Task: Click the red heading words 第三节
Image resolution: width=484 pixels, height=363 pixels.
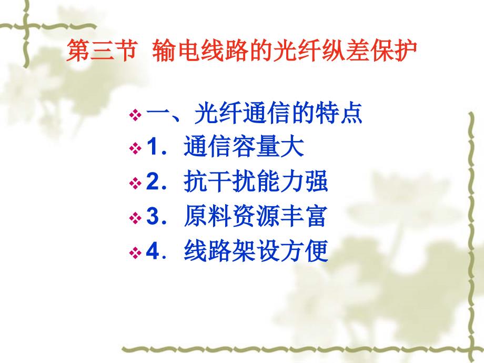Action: point(101,51)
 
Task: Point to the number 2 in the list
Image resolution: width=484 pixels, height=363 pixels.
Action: point(153,182)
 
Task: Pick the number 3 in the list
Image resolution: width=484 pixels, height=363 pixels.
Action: point(153,216)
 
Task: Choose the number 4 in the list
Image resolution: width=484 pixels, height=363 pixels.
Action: point(153,251)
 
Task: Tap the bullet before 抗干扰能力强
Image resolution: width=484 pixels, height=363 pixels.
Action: point(135,183)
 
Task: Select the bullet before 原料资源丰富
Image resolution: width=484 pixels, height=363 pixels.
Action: point(135,218)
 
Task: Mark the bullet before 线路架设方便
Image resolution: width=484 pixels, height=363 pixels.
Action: point(135,253)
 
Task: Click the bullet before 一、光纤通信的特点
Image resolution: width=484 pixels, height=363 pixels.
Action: point(135,115)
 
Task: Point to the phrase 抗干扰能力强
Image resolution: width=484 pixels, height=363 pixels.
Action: point(256,181)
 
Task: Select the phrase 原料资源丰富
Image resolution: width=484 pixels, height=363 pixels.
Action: point(255,216)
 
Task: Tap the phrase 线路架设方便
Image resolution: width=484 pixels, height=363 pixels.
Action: point(256,251)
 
